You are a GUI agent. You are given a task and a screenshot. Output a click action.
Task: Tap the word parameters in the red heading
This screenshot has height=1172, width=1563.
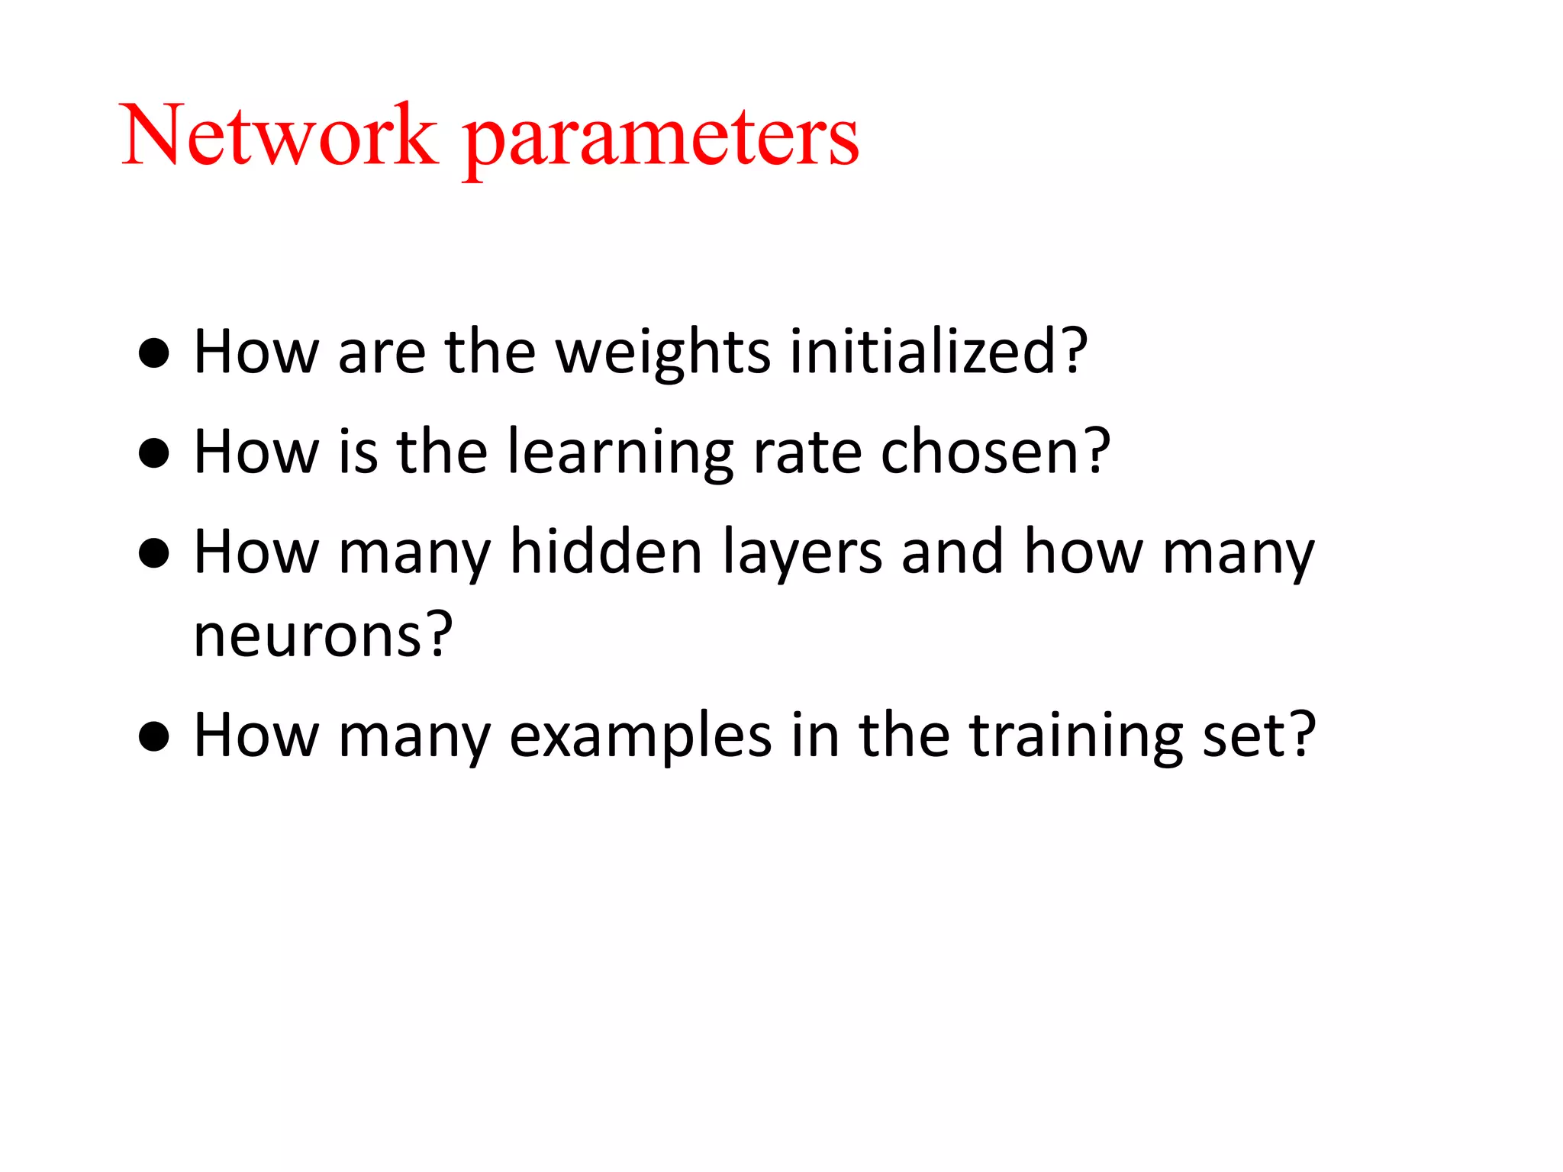tap(661, 141)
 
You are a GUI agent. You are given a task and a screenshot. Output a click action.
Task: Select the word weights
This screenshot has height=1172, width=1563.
tap(662, 353)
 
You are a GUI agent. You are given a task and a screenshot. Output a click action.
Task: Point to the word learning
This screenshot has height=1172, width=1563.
tap(620, 453)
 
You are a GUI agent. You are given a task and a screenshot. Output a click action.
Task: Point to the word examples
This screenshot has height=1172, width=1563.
tap(640, 737)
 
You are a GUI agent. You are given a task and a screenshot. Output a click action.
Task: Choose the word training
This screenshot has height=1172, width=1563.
tap(1075, 737)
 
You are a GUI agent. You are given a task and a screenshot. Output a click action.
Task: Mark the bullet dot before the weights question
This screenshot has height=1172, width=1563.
tap(154, 353)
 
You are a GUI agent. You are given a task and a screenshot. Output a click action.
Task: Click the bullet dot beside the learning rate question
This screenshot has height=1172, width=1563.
tap(154, 452)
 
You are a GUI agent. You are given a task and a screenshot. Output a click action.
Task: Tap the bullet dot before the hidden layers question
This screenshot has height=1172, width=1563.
tap(154, 553)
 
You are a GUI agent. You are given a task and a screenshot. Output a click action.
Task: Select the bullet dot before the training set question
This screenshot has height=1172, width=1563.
tap(154, 736)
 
